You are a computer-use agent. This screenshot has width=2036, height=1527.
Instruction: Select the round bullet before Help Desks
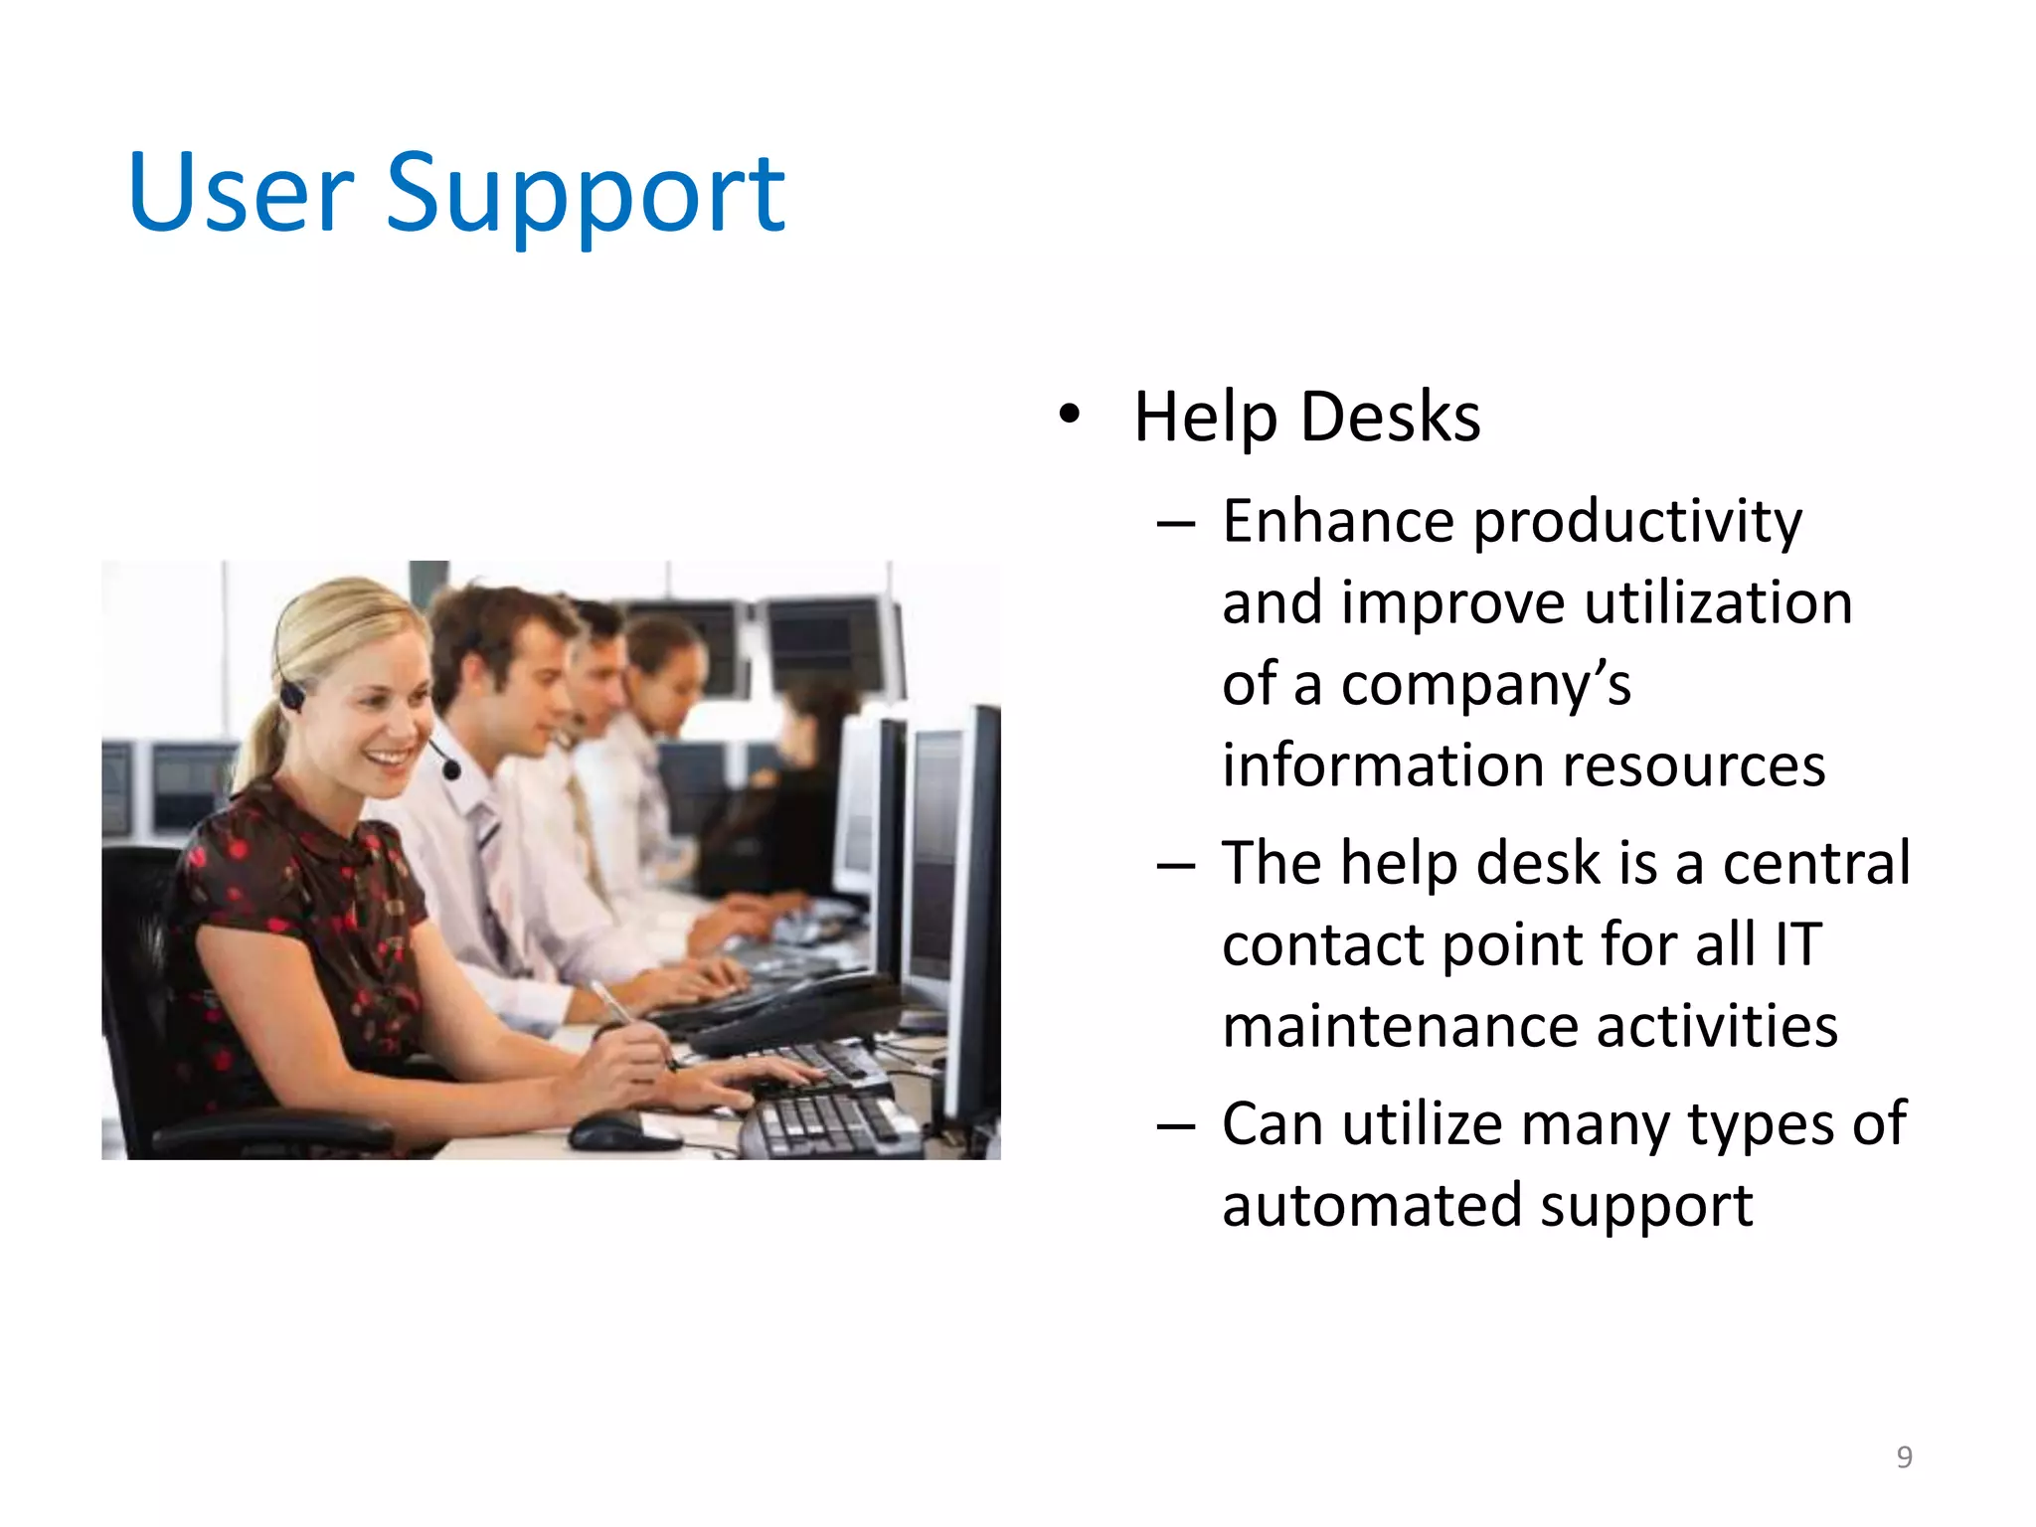(1069, 415)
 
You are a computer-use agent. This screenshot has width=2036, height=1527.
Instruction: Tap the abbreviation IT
(1797, 943)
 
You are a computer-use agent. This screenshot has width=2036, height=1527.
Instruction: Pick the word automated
(1372, 1205)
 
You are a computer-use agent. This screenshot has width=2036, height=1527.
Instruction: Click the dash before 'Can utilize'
(1176, 1125)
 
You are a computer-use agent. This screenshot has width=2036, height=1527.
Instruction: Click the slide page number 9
(1904, 1456)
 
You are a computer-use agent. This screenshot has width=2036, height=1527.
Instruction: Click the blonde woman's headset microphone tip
(452, 769)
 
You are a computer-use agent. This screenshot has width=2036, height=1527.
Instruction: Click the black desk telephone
(795, 1009)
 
